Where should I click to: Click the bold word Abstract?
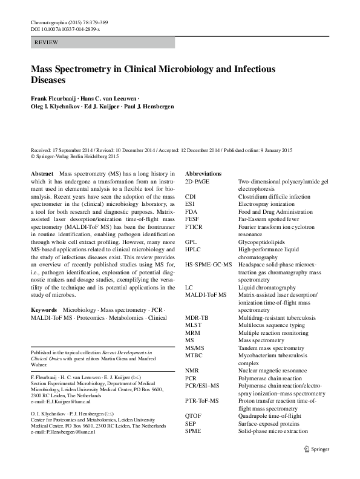click(x=42, y=173)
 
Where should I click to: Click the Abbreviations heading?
click(x=203, y=173)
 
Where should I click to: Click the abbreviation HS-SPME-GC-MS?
click(x=209, y=265)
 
